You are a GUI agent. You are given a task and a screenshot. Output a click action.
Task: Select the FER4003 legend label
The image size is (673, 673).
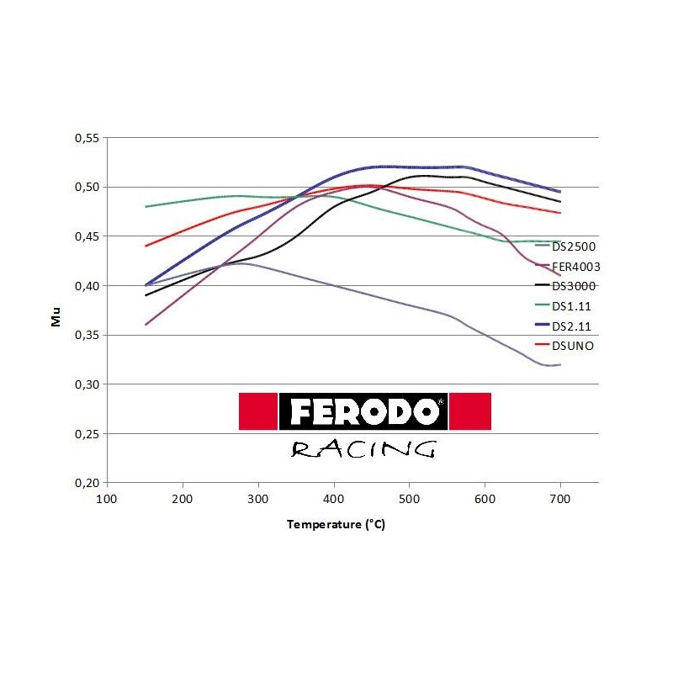point(576,267)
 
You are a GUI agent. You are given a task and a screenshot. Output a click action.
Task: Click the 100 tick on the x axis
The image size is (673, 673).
point(107,499)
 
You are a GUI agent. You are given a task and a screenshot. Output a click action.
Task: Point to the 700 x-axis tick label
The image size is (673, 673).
point(560,499)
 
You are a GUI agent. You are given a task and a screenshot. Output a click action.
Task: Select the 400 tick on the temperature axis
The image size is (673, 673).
point(334,499)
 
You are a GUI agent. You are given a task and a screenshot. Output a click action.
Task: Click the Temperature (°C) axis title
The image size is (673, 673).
point(336,524)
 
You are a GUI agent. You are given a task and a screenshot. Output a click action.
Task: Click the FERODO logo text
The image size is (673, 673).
point(363,411)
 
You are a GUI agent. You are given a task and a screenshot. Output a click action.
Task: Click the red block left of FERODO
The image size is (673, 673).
point(257,411)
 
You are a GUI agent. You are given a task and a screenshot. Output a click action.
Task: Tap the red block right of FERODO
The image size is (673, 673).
point(470,411)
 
